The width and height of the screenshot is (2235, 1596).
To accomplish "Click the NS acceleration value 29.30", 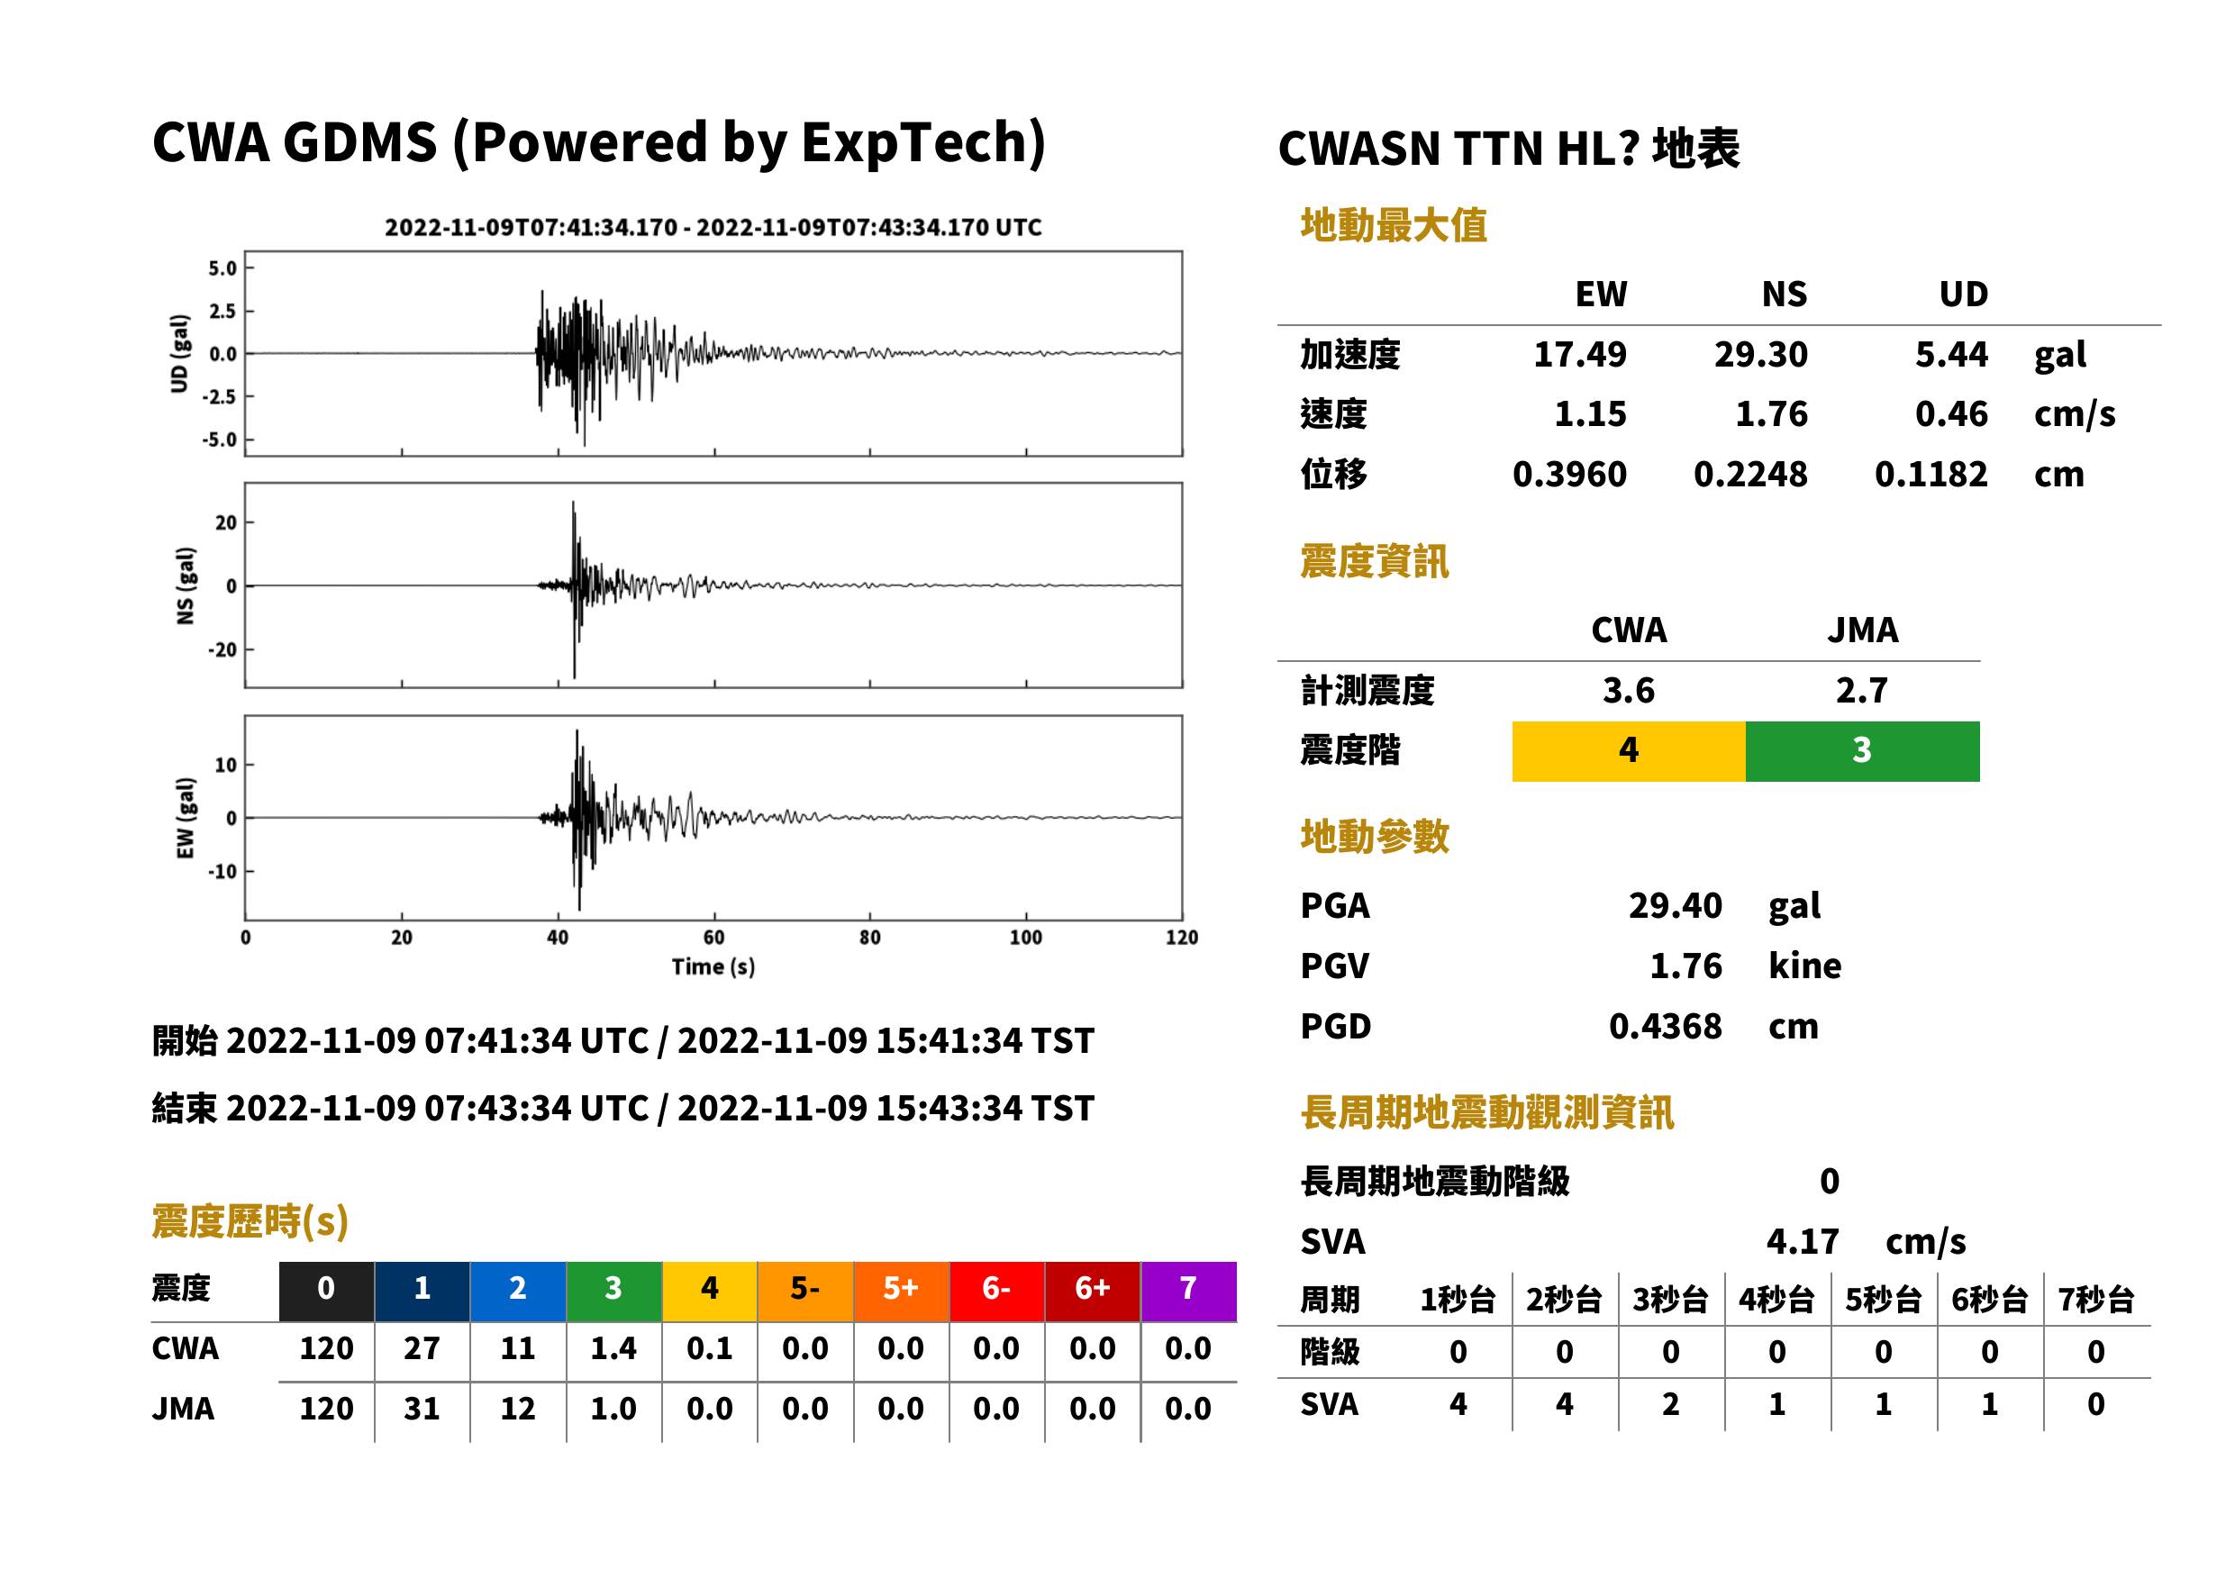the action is click(1759, 355).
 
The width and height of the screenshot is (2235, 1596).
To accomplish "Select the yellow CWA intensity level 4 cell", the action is click(1629, 751).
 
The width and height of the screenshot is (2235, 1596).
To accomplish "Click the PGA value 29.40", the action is click(1675, 905).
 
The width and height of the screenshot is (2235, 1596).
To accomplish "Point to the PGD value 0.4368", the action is click(1665, 1026).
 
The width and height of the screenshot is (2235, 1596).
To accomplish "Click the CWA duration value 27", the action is click(422, 1348).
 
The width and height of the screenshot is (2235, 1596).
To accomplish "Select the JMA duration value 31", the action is click(422, 1409).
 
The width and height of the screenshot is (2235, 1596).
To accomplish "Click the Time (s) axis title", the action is click(713, 967).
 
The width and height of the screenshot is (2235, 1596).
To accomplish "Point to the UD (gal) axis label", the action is click(179, 354).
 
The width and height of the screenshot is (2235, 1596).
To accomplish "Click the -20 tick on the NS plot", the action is click(223, 649).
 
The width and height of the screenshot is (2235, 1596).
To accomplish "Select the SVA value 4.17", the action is click(1802, 1241).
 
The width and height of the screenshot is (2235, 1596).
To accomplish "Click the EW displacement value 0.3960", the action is click(1569, 475).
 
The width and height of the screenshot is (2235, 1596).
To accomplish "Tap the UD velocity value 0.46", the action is click(1951, 414).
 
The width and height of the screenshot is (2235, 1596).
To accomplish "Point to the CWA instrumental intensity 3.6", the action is click(1629, 691).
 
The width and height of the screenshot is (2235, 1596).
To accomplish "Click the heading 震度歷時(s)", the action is click(250, 1221).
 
